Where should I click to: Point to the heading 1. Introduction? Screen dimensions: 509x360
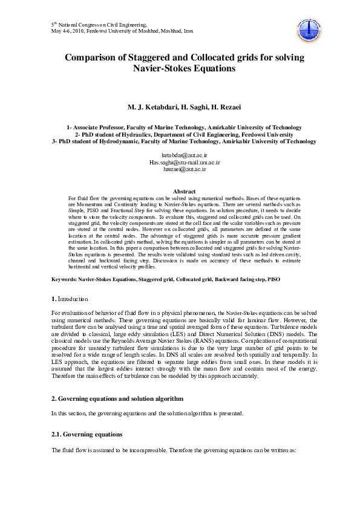pos(70,299)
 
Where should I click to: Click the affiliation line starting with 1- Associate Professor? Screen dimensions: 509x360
pos(184,128)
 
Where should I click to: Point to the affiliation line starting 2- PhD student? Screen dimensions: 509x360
pos(184,134)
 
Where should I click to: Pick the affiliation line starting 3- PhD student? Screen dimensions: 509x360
pos(184,141)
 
